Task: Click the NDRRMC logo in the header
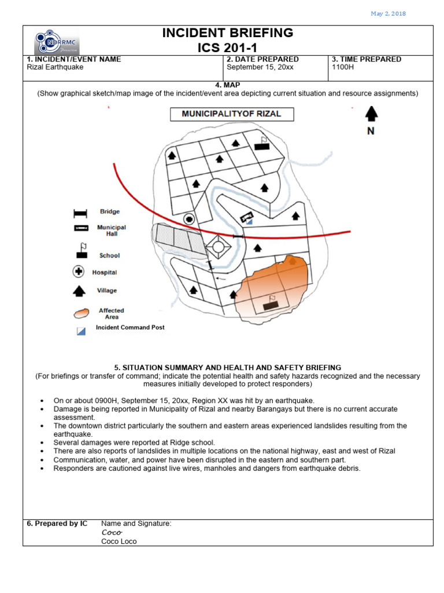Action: click(x=57, y=41)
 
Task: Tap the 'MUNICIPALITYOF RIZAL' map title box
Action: click(x=231, y=114)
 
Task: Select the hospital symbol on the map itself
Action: click(x=188, y=218)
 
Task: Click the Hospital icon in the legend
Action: click(x=79, y=272)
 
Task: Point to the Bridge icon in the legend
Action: click(x=80, y=213)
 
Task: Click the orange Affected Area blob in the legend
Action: click(x=81, y=313)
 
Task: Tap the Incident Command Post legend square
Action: click(x=81, y=331)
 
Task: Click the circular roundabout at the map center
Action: click(x=218, y=247)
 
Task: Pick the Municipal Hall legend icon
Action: click(x=80, y=228)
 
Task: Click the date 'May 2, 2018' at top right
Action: click(x=388, y=14)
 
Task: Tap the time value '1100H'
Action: click(x=342, y=67)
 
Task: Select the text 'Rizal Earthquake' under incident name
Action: click(x=55, y=67)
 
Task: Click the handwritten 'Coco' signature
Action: click(x=111, y=532)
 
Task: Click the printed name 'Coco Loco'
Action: click(x=119, y=541)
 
